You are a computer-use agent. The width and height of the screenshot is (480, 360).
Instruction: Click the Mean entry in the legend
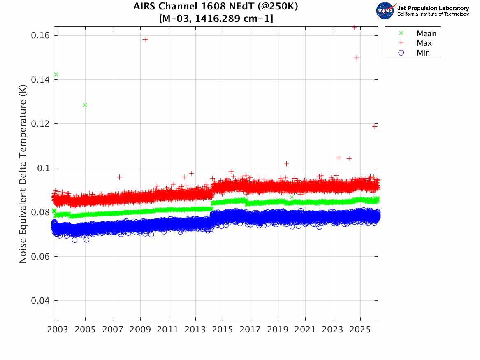[426, 34]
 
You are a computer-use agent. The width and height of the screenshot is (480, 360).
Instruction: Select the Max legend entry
[424, 43]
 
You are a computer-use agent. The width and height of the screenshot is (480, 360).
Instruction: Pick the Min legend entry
[423, 53]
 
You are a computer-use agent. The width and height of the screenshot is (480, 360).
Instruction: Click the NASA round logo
[385, 11]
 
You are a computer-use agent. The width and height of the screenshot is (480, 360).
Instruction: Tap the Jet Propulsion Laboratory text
[433, 8]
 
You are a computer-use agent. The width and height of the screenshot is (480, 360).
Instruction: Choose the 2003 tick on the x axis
[58, 330]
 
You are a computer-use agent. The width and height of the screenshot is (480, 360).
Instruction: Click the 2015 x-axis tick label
[223, 330]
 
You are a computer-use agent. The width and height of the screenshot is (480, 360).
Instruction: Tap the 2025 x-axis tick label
[360, 330]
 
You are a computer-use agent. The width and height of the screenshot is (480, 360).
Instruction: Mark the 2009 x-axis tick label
[140, 330]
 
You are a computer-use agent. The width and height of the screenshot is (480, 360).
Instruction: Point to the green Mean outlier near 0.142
[56, 74]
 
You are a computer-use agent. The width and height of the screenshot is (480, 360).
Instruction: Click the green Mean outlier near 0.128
[85, 105]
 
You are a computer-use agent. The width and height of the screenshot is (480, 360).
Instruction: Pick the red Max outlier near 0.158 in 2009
[145, 39]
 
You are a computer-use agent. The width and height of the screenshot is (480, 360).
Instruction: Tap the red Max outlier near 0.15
[357, 58]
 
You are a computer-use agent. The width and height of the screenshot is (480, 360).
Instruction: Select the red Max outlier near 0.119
[375, 126]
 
